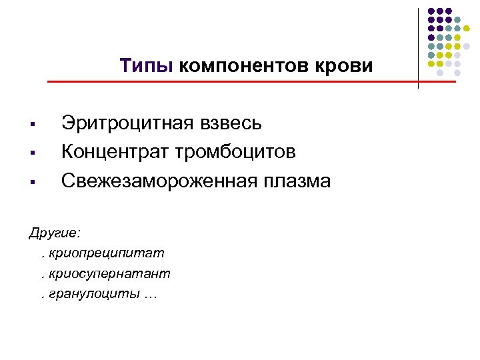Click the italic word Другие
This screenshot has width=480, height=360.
point(53,234)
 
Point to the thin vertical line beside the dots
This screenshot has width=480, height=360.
point(418,47)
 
